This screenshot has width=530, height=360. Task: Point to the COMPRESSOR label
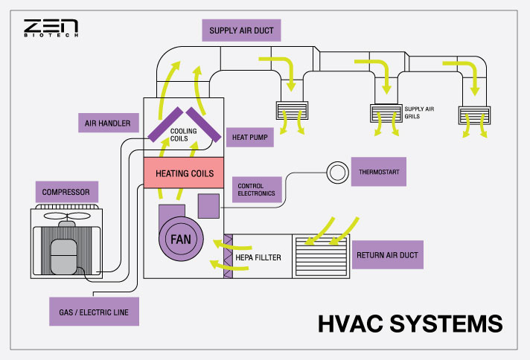click(66, 192)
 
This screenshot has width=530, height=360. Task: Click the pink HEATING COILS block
click(184, 173)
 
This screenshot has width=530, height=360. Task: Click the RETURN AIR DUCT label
click(389, 254)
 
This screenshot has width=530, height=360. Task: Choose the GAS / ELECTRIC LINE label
click(94, 312)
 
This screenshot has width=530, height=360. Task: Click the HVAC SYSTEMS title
click(410, 324)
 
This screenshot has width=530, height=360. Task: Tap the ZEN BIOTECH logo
click(51, 28)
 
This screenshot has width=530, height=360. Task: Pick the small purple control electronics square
click(208, 206)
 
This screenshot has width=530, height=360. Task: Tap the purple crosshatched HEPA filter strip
click(229, 256)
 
